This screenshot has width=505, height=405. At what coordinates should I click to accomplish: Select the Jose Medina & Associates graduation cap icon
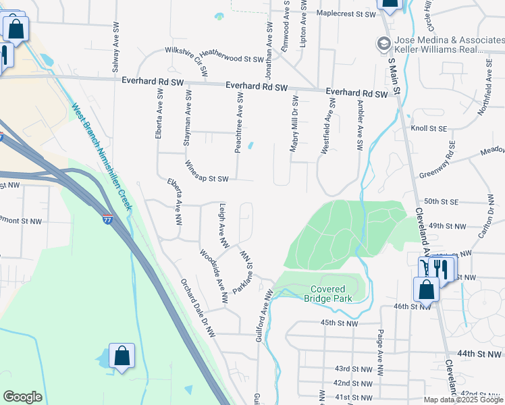[382, 43]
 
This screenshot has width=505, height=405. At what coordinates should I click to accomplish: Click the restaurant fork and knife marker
[442, 268]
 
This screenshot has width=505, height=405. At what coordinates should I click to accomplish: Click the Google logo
[22, 397]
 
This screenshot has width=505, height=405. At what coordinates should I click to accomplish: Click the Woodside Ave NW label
[213, 275]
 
